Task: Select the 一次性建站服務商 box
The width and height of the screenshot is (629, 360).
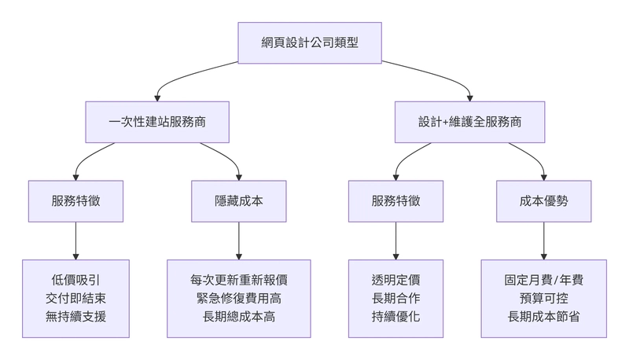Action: click(x=157, y=122)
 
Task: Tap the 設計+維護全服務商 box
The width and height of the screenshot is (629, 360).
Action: click(x=470, y=122)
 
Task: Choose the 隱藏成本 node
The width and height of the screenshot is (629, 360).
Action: click(x=239, y=200)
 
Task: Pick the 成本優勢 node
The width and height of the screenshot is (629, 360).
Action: click(x=544, y=200)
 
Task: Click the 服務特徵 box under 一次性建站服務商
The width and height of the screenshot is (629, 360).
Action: click(x=75, y=200)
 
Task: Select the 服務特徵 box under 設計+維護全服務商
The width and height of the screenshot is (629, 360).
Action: click(x=395, y=200)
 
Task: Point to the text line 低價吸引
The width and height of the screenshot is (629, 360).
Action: click(x=75, y=280)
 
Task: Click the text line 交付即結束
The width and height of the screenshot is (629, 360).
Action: click(x=75, y=299)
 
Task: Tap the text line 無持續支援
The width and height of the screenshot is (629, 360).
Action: click(x=75, y=317)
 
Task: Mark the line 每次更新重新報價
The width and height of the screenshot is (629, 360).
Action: click(x=239, y=280)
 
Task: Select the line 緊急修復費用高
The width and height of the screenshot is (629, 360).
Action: click(x=239, y=299)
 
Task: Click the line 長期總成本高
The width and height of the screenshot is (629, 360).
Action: click(x=239, y=317)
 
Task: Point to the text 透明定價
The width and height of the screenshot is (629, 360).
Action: click(x=395, y=280)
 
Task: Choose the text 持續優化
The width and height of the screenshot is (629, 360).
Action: click(x=395, y=317)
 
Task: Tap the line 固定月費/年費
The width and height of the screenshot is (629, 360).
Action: click(x=544, y=280)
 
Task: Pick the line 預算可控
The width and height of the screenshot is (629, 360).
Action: click(x=544, y=299)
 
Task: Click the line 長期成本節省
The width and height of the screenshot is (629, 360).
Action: click(x=544, y=317)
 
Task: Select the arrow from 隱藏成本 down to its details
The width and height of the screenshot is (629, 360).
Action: click(x=239, y=240)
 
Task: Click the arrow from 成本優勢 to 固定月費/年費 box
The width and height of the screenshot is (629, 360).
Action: click(x=544, y=240)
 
